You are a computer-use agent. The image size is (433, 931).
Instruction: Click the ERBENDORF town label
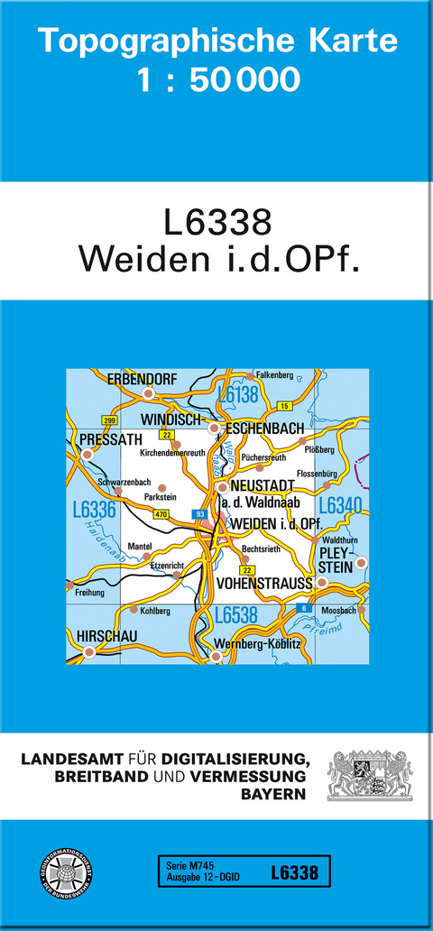[143, 379]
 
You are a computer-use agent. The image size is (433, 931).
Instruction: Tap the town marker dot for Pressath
[88, 455]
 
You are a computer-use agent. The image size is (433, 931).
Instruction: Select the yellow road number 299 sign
[110, 420]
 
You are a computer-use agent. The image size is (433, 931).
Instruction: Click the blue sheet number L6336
[94, 511]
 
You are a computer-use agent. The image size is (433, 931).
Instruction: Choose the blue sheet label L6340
[339, 506]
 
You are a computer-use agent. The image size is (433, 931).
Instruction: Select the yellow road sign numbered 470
[161, 514]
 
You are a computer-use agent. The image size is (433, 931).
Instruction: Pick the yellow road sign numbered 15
[283, 406]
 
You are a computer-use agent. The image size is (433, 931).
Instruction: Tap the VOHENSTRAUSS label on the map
[264, 584]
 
